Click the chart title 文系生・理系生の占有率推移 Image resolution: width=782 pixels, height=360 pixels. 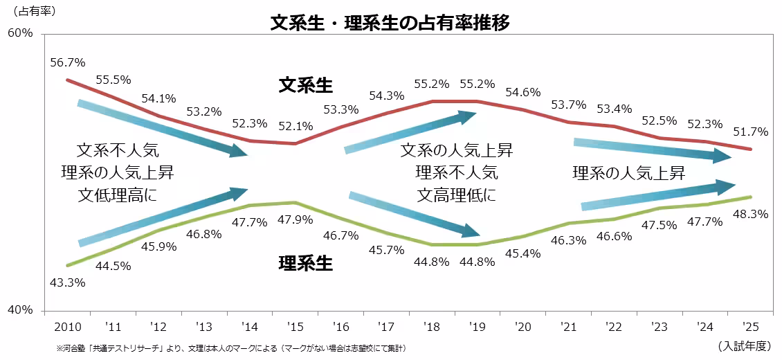click(x=390, y=23)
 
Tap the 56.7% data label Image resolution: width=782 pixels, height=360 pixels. click(x=68, y=62)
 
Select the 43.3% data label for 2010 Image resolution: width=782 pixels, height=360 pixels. click(x=68, y=282)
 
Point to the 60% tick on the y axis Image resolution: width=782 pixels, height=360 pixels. click(x=20, y=33)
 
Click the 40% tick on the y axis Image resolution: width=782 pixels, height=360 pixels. click(x=20, y=310)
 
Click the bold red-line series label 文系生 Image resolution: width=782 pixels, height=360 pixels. click(x=305, y=85)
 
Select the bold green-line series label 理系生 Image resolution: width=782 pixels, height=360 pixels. click(x=305, y=263)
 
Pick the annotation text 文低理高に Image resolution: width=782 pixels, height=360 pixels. click(x=118, y=195)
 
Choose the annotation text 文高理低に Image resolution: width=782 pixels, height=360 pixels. click(x=457, y=195)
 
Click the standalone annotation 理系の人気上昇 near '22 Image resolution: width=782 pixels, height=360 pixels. click(x=628, y=173)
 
